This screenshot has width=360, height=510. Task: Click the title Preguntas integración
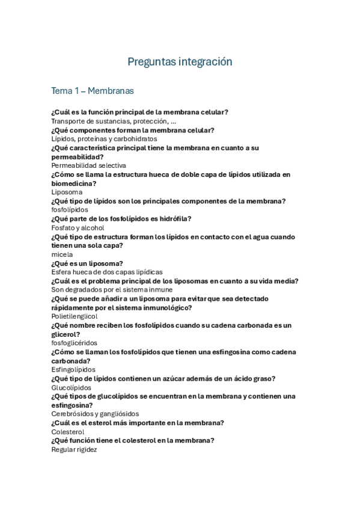tap(180, 62)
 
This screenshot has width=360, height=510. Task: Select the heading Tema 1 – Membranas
tap(93, 91)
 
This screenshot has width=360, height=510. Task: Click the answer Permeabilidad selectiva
tap(88, 165)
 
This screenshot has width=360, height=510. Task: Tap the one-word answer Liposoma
tap(67, 192)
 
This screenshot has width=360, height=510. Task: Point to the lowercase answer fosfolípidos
tap(70, 210)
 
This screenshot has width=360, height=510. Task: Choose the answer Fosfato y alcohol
tap(78, 228)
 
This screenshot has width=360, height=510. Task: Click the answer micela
tap(61, 254)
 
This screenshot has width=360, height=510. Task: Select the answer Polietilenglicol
tap(75, 316)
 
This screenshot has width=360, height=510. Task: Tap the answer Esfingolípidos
tap(73, 369)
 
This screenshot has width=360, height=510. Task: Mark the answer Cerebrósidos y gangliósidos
tap(95, 414)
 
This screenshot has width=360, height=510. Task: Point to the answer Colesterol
tap(68, 432)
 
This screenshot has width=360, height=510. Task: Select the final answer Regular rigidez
tap(74, 449)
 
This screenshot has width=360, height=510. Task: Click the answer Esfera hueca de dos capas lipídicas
tap(107, 272)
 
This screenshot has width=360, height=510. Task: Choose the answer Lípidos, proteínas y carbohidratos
tap(104, 139)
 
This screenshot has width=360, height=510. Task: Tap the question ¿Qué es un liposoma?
tap(87, 263)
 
